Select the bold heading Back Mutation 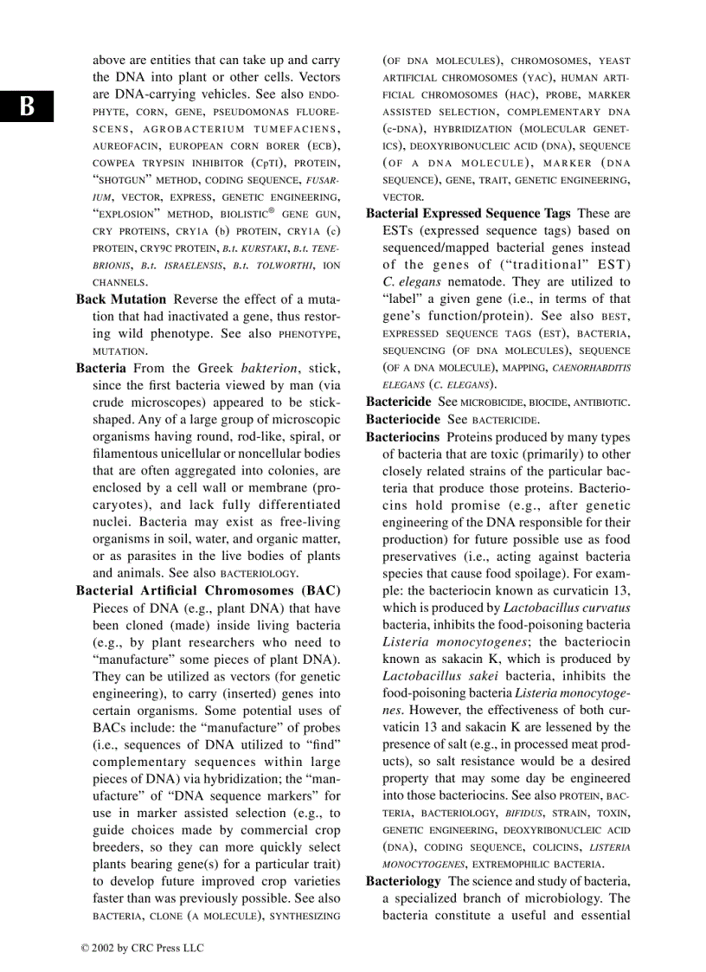coord(121,299)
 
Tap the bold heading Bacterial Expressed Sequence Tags coord(468,214)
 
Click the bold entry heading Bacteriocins coord(402,437)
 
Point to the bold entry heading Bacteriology coord(403,880)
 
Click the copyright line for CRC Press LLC coord(142,948)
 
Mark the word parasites coord(138,556)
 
